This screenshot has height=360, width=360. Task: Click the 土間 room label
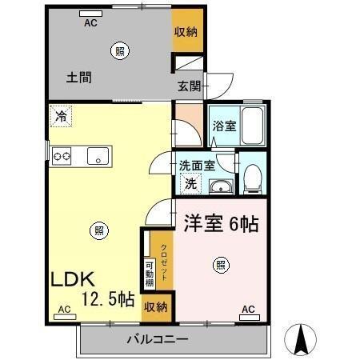click(79, 78)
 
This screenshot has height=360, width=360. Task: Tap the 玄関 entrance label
click(190, 86)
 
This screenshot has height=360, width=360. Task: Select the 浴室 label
click(225, 126)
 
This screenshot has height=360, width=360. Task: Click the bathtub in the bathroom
click(252, 126)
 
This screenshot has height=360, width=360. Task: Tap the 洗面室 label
click(197, 166)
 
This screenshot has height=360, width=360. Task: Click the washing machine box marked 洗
click(190, 183)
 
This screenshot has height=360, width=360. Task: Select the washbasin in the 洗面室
click(221, 186)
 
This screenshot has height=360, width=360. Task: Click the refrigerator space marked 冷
click(61, 116)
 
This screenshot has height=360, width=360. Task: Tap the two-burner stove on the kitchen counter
click(62, 156)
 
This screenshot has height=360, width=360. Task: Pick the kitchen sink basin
click(98, 156)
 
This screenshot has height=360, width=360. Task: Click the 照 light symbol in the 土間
click(120, 50)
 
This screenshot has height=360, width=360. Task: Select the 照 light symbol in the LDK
click(99, 231)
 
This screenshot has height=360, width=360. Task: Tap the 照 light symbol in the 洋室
click(221, 266)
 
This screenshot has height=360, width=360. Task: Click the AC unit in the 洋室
click(250, 318)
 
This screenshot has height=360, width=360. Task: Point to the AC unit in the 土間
click(90, 14)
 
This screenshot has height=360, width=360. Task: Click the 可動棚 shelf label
click(150, 274)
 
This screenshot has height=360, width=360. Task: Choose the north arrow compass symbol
click(300, 339)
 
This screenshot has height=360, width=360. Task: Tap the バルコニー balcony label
click(158, 339)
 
